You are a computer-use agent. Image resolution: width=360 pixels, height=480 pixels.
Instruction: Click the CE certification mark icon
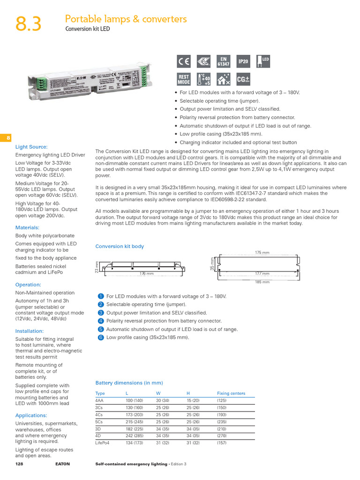pos(184,61)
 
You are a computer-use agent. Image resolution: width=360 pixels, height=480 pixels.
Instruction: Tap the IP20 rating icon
pos(244,61)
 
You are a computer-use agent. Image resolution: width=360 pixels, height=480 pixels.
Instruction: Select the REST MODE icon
pos(184,79)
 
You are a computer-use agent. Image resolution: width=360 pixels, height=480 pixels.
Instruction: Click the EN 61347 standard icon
pos(224,61)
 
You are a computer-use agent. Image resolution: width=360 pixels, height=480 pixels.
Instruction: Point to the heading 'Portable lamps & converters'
pos(126,19)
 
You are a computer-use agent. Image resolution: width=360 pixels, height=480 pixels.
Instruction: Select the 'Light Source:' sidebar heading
pos(31,147)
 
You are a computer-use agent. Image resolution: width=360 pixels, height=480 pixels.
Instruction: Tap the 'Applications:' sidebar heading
pos(31,415)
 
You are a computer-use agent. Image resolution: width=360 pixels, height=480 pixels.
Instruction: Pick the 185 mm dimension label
pos(262,282)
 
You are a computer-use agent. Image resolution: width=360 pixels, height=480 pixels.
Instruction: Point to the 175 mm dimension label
pos(262,253)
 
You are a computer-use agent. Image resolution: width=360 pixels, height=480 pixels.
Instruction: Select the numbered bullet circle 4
pos(100,321)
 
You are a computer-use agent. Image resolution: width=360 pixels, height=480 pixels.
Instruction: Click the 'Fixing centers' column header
pos(231,393)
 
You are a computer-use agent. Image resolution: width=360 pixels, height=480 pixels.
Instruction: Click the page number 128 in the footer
pos(20,464)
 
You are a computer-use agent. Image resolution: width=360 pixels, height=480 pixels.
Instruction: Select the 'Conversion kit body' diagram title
pos(120,246)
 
